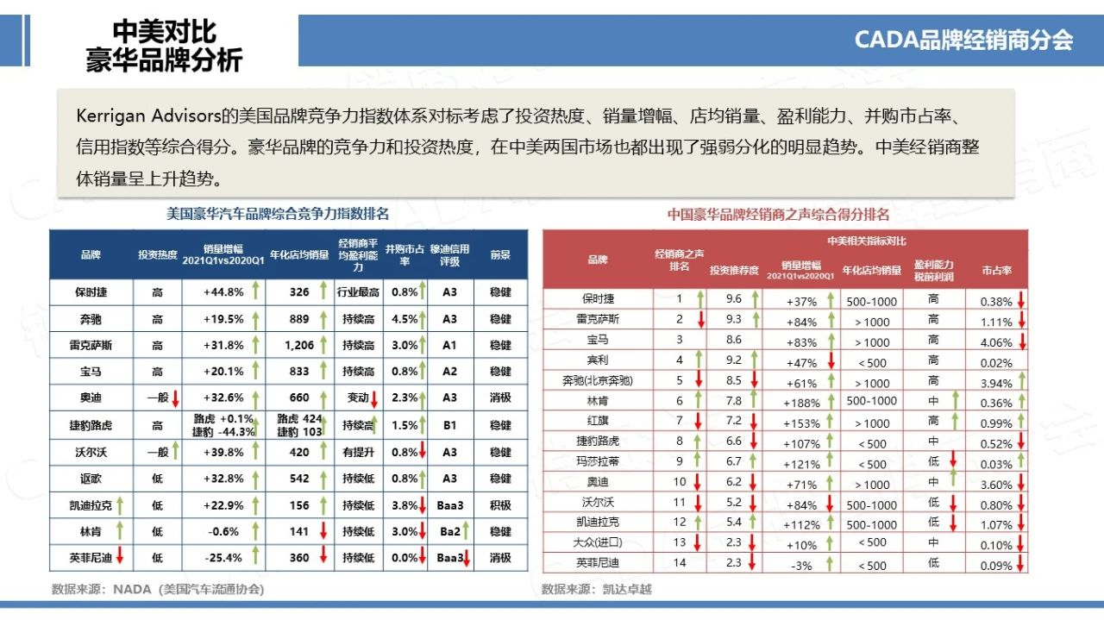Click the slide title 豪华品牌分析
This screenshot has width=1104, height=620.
[x=164, y=60]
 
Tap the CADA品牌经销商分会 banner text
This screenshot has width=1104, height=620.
[x=963, y=40]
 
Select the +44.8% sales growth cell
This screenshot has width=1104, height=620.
[x=223, y=292]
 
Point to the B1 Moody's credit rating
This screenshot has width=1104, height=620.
[x=449, y=425]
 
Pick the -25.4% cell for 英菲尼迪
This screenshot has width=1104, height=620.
[x=223, y=558]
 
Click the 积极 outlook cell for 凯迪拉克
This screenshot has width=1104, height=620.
[x=500, y=505]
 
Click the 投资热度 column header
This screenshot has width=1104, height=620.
[x=157, y=255]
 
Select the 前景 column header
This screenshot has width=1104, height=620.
[x=500, y=255]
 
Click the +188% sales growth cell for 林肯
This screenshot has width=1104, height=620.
[x=801, y=402]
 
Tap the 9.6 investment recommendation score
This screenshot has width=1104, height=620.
[x=734, y=299]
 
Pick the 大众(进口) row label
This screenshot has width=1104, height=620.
[x=597, y=543]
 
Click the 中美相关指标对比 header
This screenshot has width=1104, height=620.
[x=867, y=241]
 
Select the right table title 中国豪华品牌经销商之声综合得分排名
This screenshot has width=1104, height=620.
[x=778, y=215]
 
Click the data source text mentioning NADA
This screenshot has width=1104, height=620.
[x=158, y=590]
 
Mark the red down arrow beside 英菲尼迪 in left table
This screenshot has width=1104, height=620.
[x=119, y=557]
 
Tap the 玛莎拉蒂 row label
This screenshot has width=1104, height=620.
[x=597, y=461]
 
